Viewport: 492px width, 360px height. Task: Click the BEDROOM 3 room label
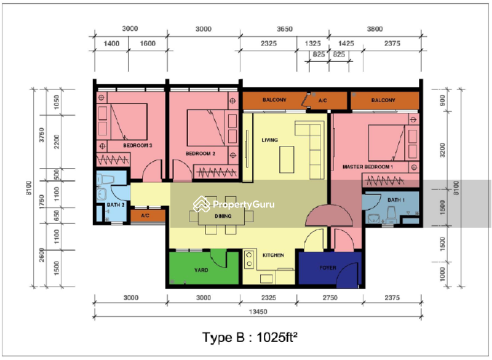click(137, 145)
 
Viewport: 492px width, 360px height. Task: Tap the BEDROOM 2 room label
click(200, 153)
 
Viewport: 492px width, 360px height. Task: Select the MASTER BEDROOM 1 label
click(367, 167)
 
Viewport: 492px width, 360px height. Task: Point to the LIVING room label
click(269, 140)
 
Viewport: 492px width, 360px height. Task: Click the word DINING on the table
click(223, 216)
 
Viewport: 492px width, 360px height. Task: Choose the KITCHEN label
click(273, 255)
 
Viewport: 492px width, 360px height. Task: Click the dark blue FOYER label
click(328, 268)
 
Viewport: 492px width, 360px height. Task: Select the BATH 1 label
click(396, 200)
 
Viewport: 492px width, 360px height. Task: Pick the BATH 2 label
click(116, 205)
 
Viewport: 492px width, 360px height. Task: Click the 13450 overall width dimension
click(258, 311)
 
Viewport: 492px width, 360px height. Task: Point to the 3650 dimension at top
click(285, 29)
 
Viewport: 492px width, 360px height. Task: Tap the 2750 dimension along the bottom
click(330, 298)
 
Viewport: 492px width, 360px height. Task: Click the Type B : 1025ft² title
click(250, 338)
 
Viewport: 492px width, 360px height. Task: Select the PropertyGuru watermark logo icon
click(202, 204)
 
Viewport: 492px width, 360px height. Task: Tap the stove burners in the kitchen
click(249, 259)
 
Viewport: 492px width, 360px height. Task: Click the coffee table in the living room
click(287, 159)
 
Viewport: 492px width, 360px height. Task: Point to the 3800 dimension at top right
click(375, 29)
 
